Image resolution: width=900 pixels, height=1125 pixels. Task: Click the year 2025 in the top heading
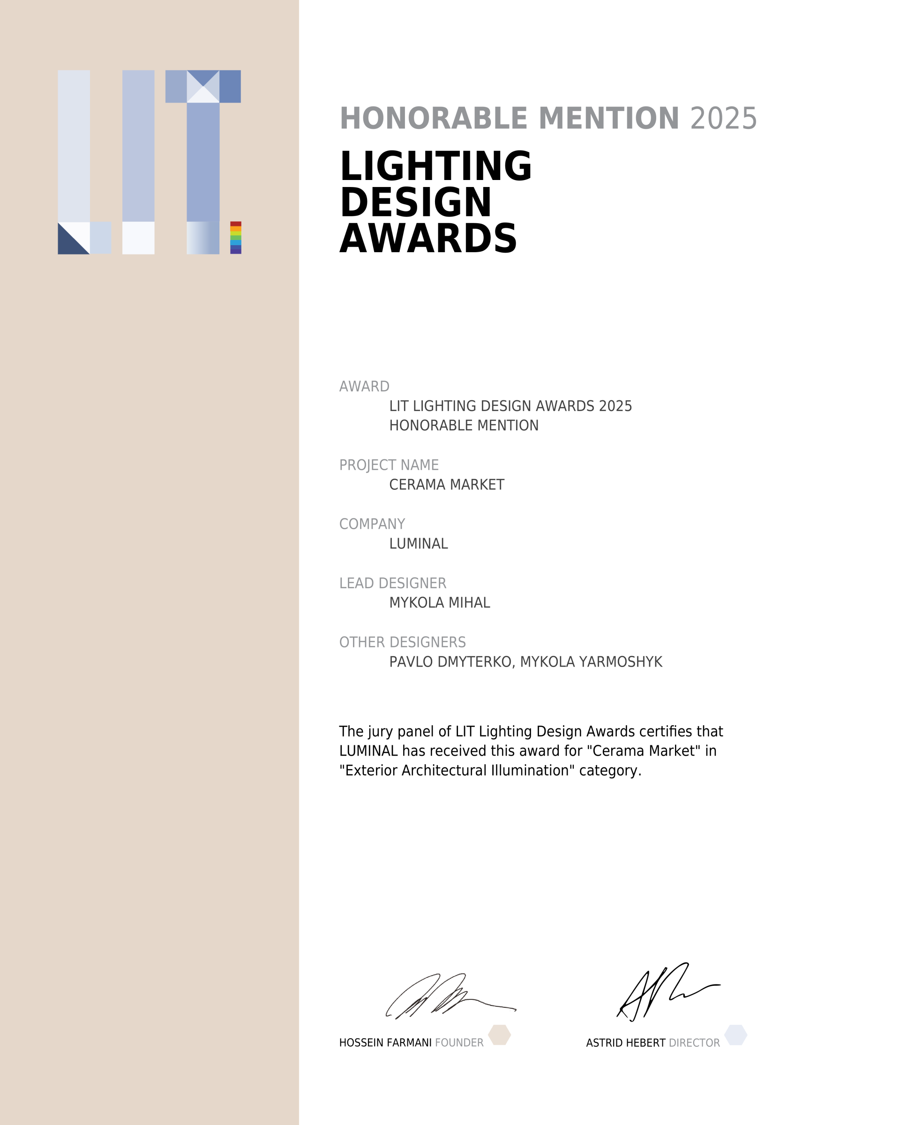723,119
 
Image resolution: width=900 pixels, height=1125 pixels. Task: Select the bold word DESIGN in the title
415,202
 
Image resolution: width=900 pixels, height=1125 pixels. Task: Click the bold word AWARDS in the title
428,239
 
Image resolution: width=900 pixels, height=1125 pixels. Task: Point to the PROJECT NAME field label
389,465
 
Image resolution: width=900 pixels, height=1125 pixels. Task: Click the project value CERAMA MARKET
447,485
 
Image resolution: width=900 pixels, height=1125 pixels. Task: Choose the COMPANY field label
372,524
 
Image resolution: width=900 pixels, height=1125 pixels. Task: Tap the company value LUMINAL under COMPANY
419,544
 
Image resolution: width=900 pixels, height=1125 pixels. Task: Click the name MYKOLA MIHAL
439,603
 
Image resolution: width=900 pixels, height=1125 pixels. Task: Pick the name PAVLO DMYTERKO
451,662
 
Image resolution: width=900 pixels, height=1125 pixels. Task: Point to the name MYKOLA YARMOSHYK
591,662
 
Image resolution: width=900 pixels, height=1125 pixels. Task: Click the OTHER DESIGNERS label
402,642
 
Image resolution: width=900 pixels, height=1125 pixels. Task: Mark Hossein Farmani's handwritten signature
449,996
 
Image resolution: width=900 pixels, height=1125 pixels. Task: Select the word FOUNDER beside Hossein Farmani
459,1042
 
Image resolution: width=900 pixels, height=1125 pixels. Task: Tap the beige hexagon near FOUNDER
499,1035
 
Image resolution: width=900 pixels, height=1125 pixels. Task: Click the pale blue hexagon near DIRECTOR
735,1035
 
